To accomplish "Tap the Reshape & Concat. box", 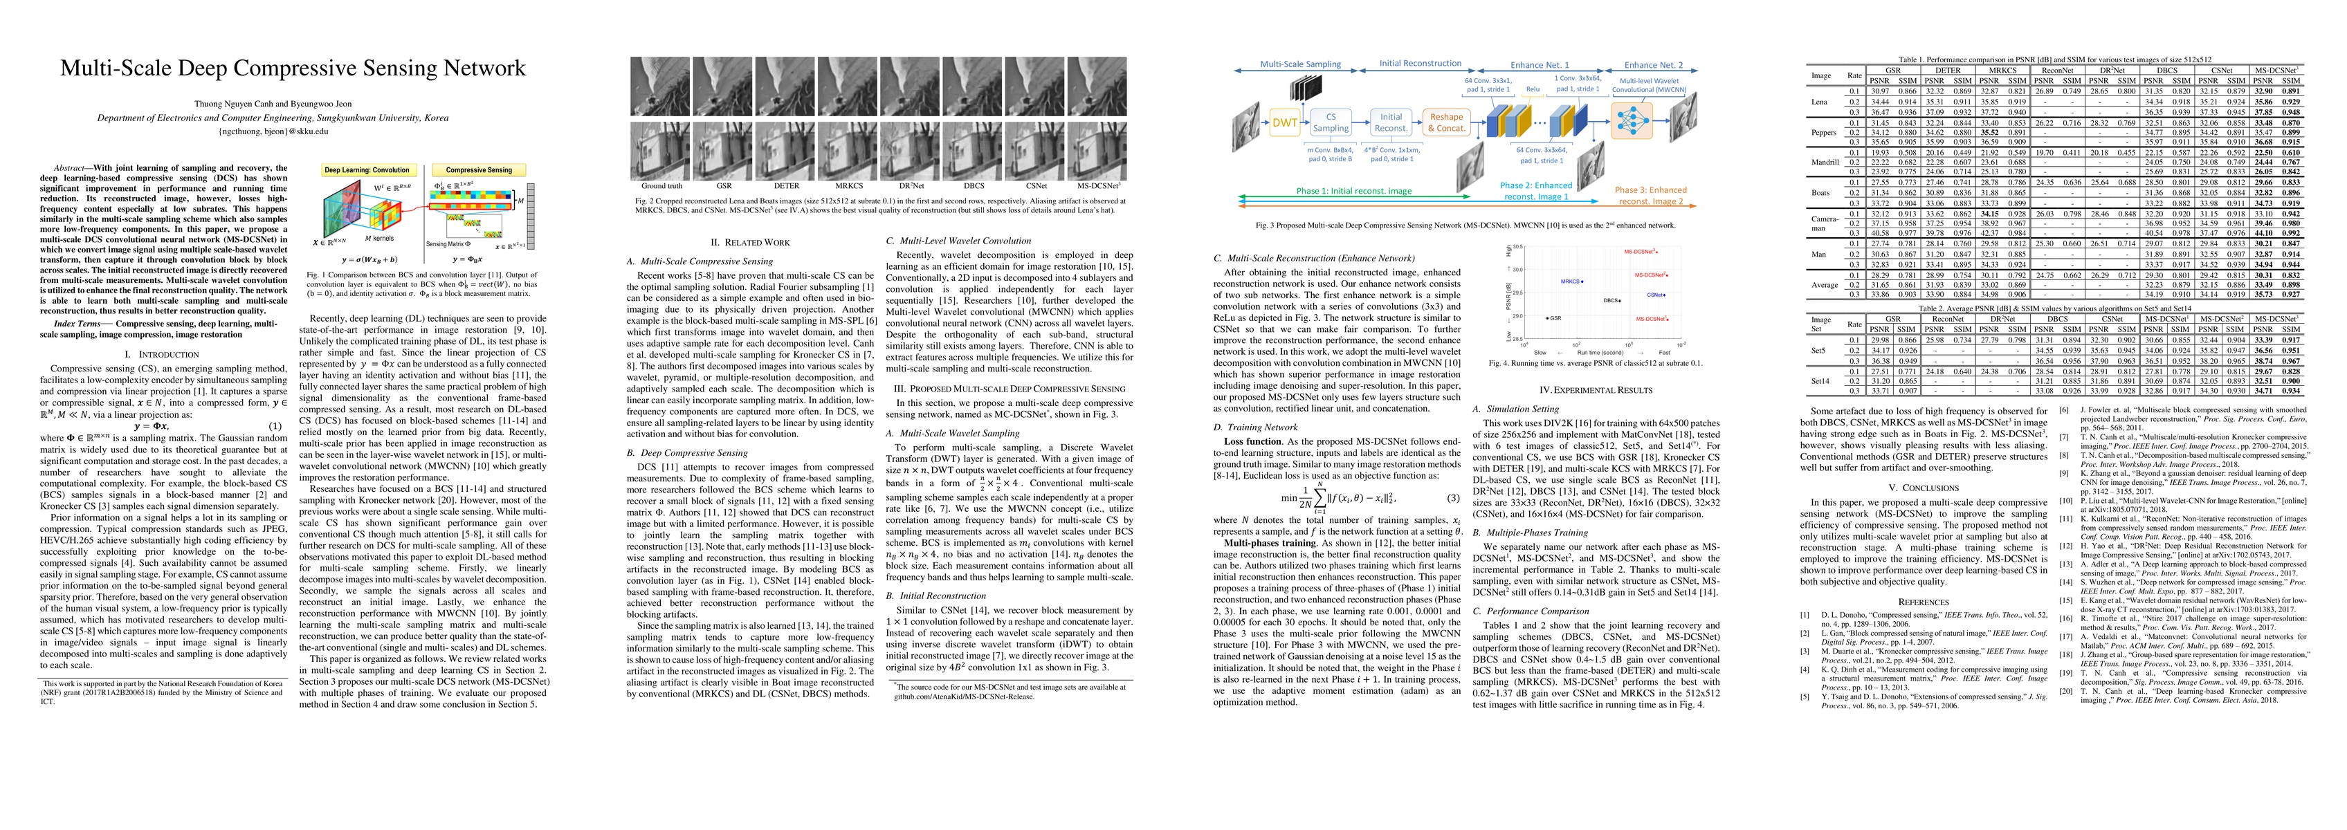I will [x=1446, y=122].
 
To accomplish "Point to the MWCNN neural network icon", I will [x=1631, y=120].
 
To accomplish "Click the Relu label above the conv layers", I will [x=1533, y=89].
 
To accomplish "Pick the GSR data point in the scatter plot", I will [x=1547, y=318].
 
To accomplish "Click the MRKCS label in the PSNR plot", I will [x=1570, y=282].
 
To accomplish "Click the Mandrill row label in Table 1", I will [x=1820, y=161].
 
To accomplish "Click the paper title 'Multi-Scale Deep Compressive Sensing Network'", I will [x=293, y=68].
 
